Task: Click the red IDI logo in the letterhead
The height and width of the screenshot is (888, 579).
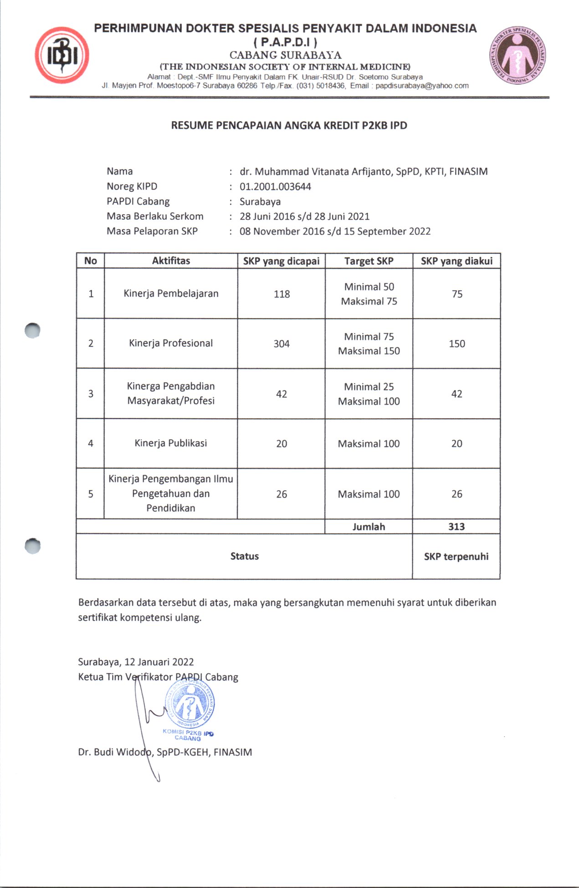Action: point(62,55)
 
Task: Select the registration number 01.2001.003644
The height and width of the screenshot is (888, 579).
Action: point(275,186)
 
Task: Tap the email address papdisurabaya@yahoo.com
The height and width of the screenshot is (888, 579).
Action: point(422,86)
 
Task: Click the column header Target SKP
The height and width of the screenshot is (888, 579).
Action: point(369,261)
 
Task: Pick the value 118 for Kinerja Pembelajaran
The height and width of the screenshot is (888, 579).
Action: point(282,294)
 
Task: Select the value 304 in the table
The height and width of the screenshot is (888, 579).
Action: point(282,344)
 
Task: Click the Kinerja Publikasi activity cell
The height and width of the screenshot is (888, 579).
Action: point(171,443)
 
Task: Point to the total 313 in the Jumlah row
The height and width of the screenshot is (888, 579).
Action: point(456,527)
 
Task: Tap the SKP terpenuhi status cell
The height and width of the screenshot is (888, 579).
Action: point(456,556)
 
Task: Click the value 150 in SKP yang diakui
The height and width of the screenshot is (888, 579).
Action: point(456,344)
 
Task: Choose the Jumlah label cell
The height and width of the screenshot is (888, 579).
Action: point(369,527)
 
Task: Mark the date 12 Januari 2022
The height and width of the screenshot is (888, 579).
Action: point(159,662)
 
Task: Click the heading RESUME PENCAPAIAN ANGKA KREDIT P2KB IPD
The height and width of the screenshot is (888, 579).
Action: point(289,125)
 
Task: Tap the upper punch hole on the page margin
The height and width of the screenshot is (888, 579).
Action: point(32,330)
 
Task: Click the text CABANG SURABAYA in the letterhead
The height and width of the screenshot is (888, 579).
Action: point(285,55)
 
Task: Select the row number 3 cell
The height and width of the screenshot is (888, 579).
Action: point(91,394)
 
